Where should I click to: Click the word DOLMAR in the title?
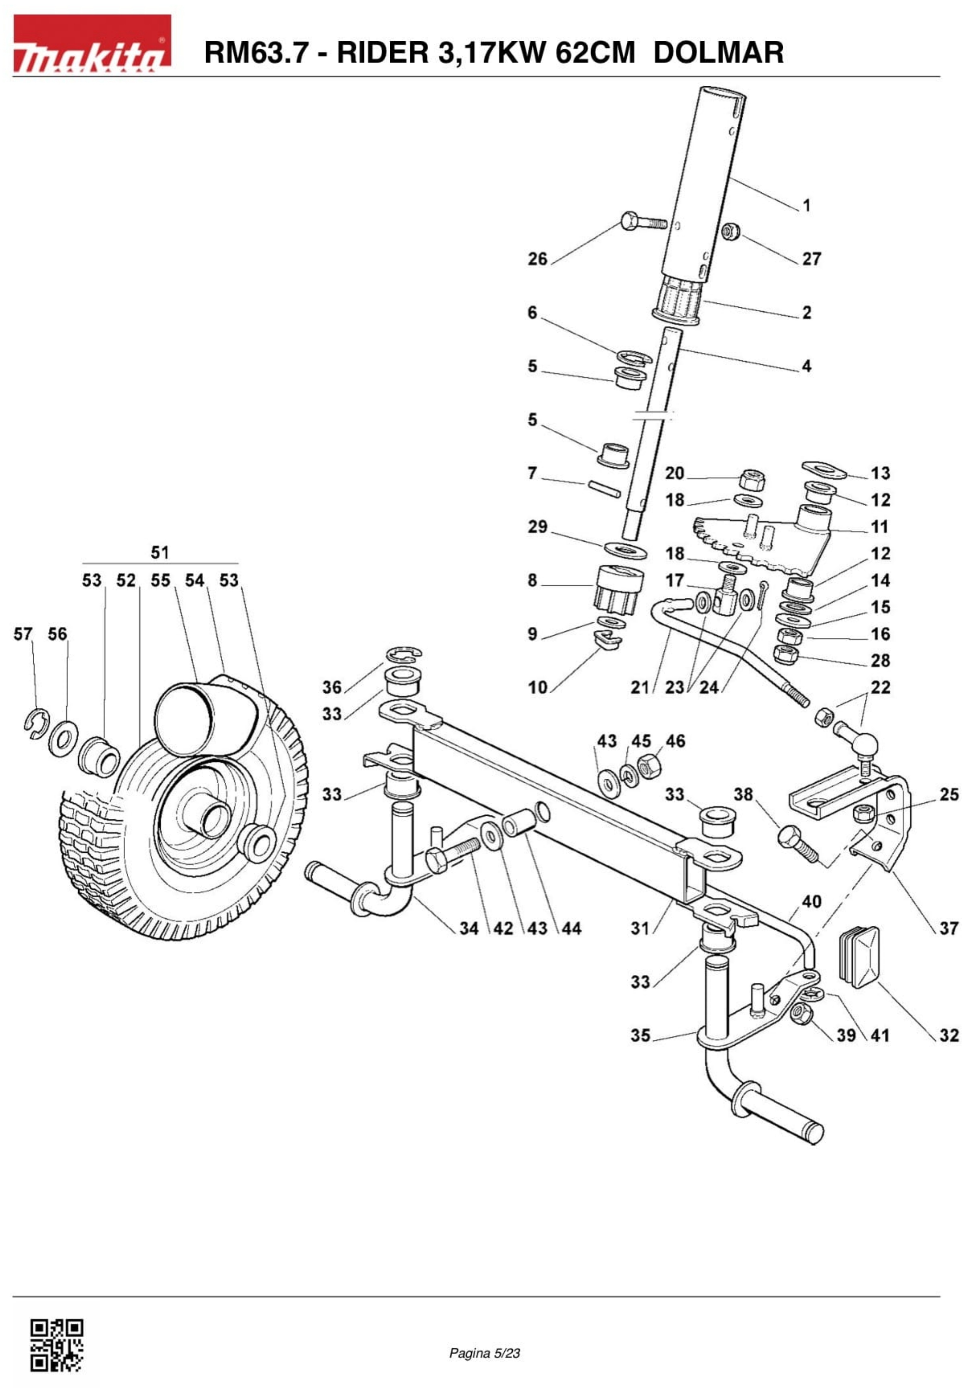pos(718,53)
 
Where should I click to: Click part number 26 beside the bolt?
pos(537,259)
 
